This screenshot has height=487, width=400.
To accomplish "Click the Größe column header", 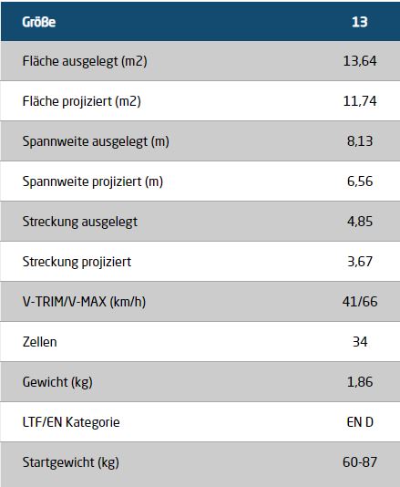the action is [x=39, y=22].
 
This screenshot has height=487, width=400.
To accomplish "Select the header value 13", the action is [x=360, y=22].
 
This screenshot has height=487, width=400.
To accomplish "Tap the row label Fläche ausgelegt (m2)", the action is [x=85, y=61].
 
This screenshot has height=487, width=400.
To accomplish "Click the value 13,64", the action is [x=360, y=61].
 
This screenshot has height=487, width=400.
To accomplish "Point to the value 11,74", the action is [x=360, y=101].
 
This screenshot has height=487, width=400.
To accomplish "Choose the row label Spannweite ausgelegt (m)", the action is [x=96, y=141].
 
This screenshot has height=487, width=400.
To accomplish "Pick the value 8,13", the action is [x=360, y=141].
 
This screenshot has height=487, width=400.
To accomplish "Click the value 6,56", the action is [x=360, y=181].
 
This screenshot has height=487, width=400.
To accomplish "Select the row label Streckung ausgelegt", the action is [x=80, y=222].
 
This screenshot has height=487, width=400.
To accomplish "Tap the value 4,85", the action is [x=360, y=221].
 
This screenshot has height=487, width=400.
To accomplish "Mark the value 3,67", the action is [x=360, y=261].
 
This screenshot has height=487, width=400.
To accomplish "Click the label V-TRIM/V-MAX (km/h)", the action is [x=84, y=302].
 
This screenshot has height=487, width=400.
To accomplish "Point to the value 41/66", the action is [x=360, y=302].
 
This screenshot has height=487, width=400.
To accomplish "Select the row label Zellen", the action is [x=40, y=342].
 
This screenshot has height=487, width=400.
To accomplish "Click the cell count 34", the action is [x=360, y=342].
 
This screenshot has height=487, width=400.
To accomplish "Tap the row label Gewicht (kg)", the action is [x=57, y=382].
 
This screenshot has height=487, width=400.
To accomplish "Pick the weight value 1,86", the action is [x=360, y=382].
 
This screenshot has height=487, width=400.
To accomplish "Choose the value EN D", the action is [x=360, y=422].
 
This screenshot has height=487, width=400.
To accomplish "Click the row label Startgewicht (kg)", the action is [x=71, y=462].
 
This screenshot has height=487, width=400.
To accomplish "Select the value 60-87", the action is [x=360, y=461].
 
